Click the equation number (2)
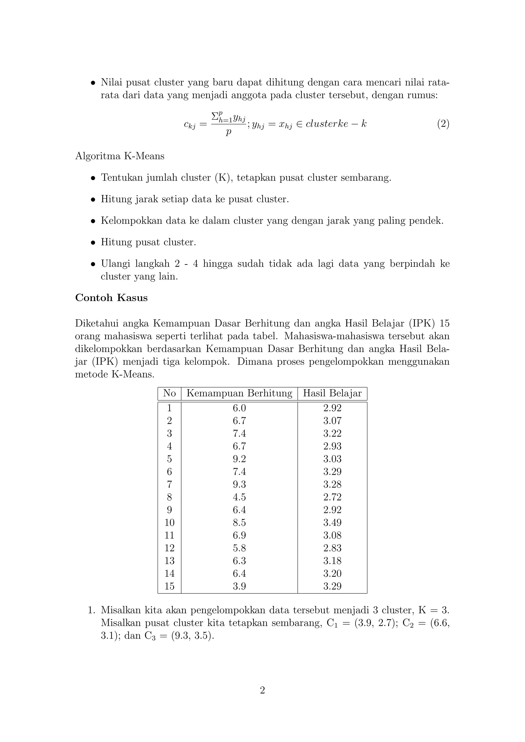pyautogui.click(x=443, y=124)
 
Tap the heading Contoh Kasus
pyautogui.click(x=111, y=298)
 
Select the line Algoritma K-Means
pyautogui.click(x=120, y=156)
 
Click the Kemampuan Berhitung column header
pyautogui.click(x=239, y=393)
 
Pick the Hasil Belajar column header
pyautogui.click(x=332, y=393)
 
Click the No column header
pyautogui.click(x=169, y=393)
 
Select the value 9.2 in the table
pyautogui.click(x=239, y=459)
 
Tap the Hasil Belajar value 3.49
pyautogui.click(x=332, y=523)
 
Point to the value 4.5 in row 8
pyautogui.click(x=239, y=497)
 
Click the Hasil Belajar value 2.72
pyautogui.click(x=332, y=497)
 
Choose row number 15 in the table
pyautogui.click(x=169, y=586)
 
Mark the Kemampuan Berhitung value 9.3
pyautogui.click(x=239, y=485)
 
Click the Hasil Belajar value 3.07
pyautogui.click(x=332, y=421)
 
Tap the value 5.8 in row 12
pyautogui.click(x=239, y=548)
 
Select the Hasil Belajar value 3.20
pyautogui.click(x=332, y=574)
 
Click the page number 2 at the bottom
pyautogui.click(x=262, y=690)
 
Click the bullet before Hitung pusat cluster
pyautogui.click(x=93, y=243)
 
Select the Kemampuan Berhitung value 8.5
pyautogui.click(x=239, y=523)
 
